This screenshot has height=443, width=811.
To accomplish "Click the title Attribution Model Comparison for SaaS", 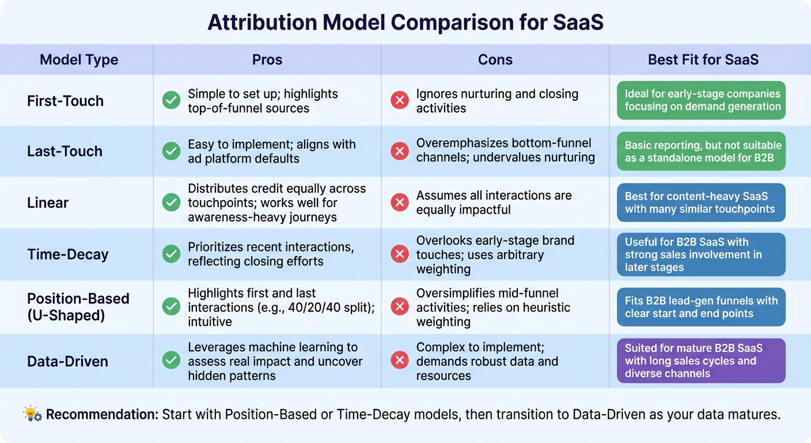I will [405, 22].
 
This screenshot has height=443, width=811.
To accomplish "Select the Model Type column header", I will [79, 59].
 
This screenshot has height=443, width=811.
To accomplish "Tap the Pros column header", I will [267, 59].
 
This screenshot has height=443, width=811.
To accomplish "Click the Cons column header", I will [495, 59].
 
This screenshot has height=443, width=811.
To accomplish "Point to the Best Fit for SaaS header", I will [703, 59].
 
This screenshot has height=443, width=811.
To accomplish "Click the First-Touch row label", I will [65, 101].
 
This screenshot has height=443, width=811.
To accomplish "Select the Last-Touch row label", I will [65, 151].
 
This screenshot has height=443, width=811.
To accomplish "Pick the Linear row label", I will [48, 202].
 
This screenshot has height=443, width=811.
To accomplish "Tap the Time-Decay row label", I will [67, 254].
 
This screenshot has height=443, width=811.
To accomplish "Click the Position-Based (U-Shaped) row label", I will [78, 307].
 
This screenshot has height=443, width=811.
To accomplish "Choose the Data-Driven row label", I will [67, 362].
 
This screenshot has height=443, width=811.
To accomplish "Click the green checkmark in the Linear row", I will [171, 202].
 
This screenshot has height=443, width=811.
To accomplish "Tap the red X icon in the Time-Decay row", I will [399, 254].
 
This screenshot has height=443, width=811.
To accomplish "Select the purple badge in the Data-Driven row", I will [700, 361].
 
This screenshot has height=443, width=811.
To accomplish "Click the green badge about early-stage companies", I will [700, 100].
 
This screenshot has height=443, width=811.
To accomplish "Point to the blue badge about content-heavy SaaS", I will [700, 202].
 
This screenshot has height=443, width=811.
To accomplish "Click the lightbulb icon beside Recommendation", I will [32, 414].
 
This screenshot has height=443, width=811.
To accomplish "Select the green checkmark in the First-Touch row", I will [171, 101].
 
